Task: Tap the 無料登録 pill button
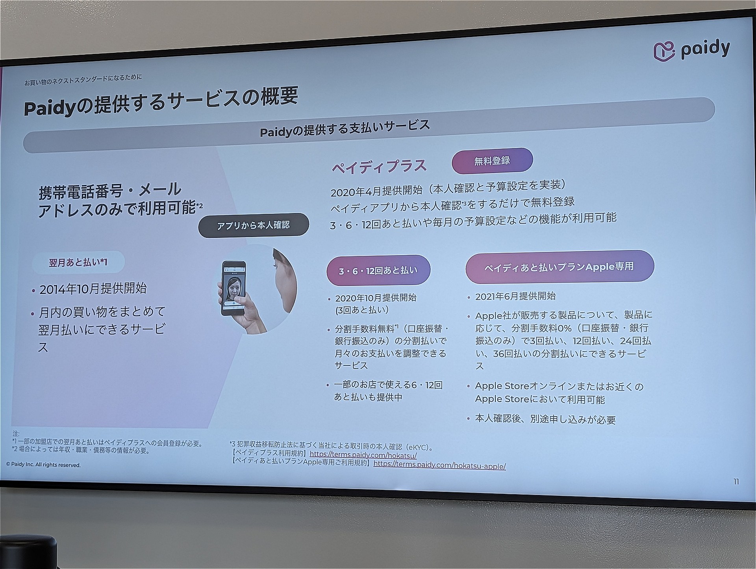tap(492, 161)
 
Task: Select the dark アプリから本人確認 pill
tap(254, 225)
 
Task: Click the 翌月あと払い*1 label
tap(78, 263)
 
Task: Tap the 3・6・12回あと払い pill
tap(378, 271)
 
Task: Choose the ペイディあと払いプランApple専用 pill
tap(560, 267)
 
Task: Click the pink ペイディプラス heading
tap(379, 166)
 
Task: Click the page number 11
tap(736, 482)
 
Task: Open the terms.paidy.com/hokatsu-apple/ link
tap(439, 465)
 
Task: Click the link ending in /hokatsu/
tap(363, 455)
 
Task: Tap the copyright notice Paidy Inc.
tap(43, 465)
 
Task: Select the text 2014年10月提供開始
tap(93, 289)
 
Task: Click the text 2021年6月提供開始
tap(515, 296)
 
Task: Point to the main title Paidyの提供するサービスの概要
tap(161, 102)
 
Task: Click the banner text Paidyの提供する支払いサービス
tap(345, 128)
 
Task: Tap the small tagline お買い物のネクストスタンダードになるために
tap(83, 80)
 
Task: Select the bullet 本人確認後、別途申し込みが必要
tap(545, 419)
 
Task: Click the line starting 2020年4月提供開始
tap(448, 188)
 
